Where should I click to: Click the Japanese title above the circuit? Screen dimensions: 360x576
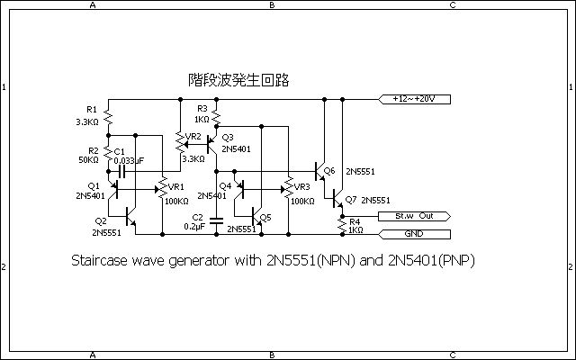coord(238,81)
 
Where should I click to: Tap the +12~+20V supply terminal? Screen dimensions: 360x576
coord(415,97)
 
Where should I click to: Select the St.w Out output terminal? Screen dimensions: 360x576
coord(413,217)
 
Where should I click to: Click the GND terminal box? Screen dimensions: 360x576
coord(413,234)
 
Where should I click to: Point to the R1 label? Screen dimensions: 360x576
coord(92,109)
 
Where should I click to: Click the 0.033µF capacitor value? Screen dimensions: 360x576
coord(131,159)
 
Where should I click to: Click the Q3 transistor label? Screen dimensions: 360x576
coord(227,137)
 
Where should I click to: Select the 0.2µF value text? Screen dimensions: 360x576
coord(194,227)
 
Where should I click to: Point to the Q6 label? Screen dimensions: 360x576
coord(328,170)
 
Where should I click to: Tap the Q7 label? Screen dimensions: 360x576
coord(350,199)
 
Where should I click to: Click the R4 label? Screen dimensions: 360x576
coord(354,220)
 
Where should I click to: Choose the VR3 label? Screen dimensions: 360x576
coord(301,187)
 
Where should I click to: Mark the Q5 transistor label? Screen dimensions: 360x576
coord(265,217)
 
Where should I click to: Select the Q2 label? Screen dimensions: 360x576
coord(100,220)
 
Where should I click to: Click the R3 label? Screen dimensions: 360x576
coord(202,108)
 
